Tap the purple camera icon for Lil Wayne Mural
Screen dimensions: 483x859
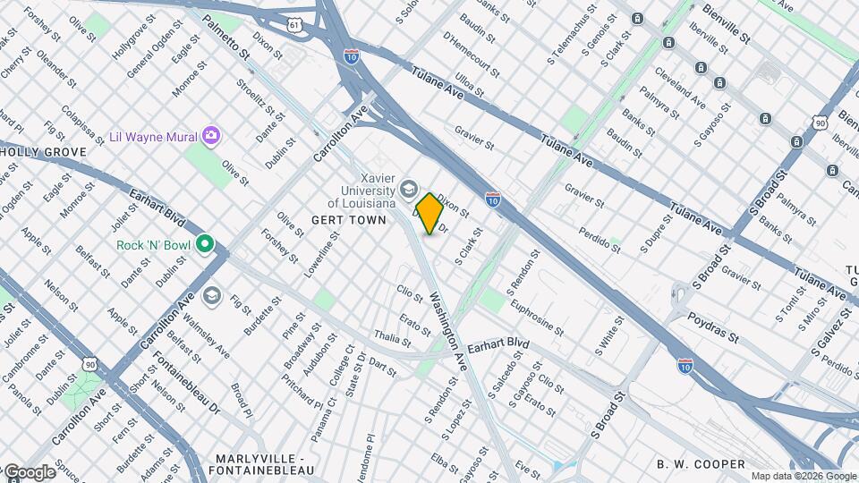point(211,136)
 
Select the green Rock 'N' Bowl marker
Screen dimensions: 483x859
point(205,243)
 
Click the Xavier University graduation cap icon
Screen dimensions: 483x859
point(409,188)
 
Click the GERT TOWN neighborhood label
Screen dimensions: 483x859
point(348,219)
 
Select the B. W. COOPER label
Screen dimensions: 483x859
point(701,463)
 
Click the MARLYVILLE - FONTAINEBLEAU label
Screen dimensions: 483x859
point(260,464)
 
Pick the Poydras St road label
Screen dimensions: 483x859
point(712,327)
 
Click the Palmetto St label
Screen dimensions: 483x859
point(225,38)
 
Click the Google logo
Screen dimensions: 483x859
point(29,472)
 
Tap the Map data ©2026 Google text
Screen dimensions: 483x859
point(803,476)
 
